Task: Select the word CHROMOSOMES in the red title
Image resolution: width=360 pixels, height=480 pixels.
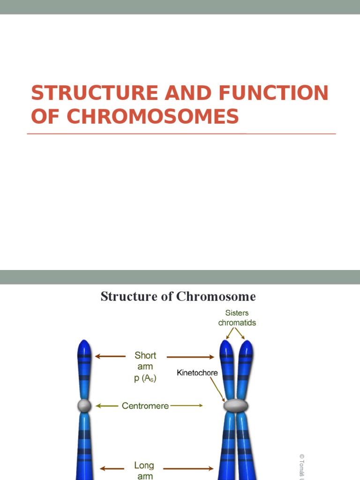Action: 152,116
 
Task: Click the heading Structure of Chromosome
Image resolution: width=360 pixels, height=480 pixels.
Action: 178,296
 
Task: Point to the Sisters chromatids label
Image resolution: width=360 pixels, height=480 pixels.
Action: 237,318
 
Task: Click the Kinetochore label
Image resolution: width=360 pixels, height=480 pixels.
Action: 197,373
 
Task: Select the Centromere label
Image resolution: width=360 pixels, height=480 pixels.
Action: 145,406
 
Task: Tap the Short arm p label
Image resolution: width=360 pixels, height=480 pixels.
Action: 145,367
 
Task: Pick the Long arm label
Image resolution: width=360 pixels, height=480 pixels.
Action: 144,471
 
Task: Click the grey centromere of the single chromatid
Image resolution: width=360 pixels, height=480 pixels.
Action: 84,405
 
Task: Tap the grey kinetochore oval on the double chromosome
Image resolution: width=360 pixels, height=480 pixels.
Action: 236,405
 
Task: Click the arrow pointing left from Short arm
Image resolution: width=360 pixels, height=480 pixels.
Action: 110,357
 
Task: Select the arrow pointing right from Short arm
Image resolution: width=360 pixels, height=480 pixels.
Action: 190,357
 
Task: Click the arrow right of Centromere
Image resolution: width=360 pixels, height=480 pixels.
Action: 186,406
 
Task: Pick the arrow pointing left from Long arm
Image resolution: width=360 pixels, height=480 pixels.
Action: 112,468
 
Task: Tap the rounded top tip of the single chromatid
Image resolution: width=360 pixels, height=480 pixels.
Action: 84,345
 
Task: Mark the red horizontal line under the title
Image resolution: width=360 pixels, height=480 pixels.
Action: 181,134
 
